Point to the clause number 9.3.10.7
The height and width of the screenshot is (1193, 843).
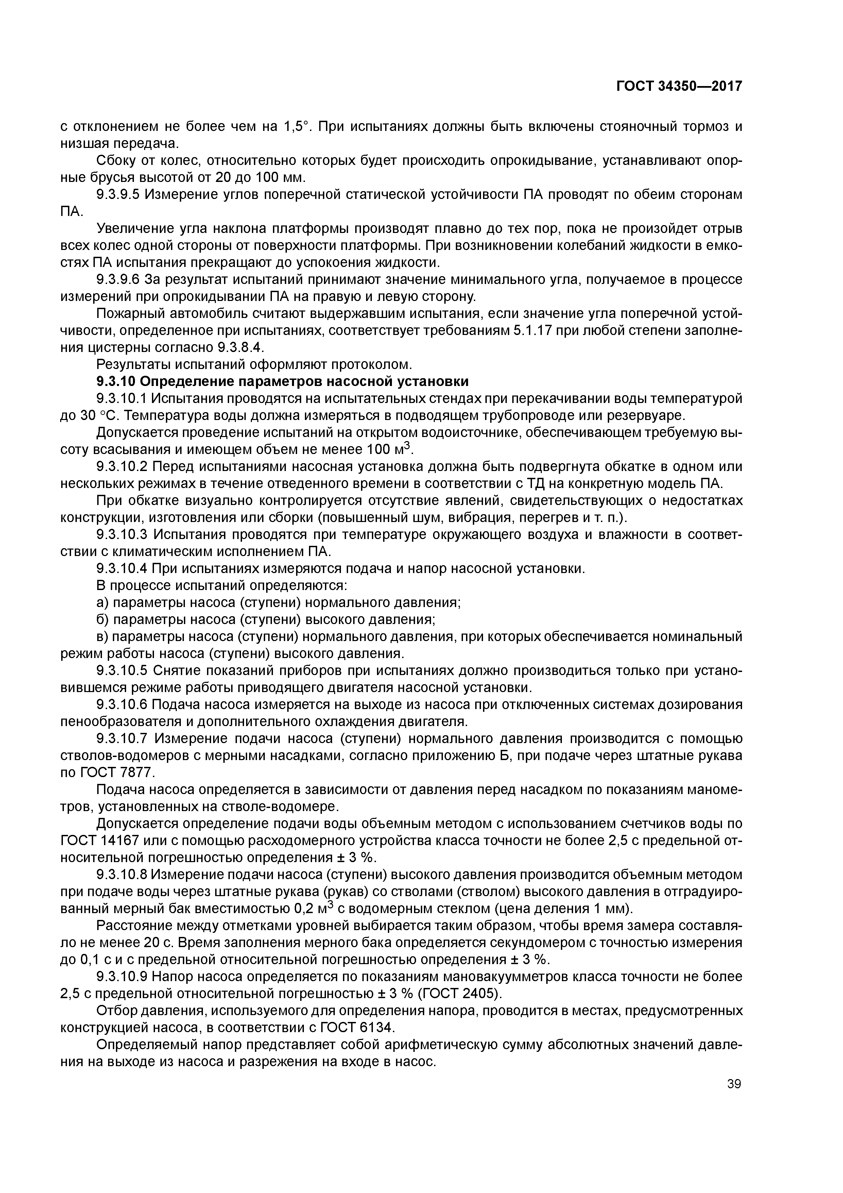click(123, 739)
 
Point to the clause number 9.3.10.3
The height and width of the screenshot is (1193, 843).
click(123, 535)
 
